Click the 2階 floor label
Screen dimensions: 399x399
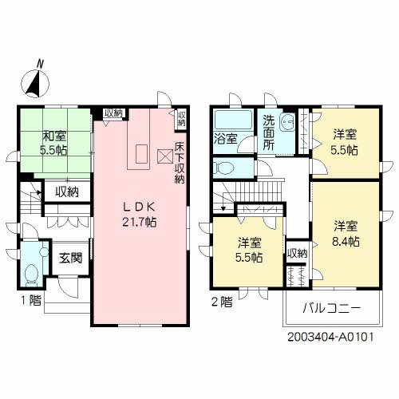pos(222,302)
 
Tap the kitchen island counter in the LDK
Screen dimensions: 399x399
pos(140,153)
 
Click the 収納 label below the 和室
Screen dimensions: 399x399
pos(66,192)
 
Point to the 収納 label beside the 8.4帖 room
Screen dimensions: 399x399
pos(296,253)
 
